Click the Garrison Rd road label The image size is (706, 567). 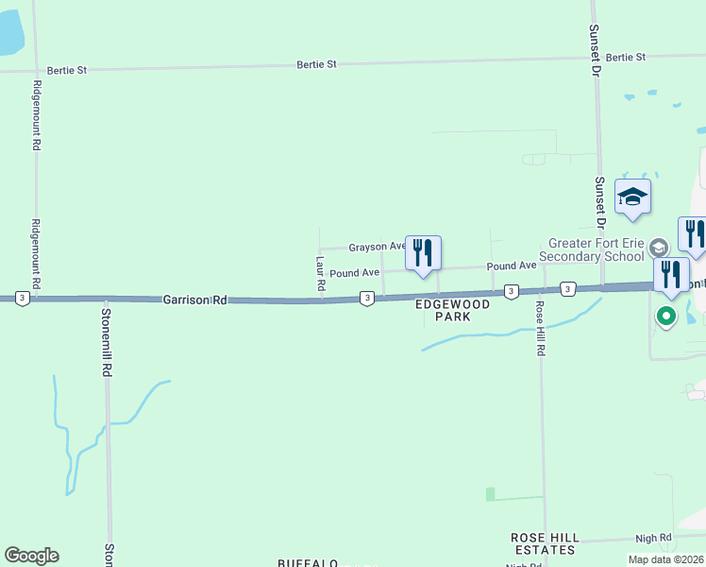[195, 300]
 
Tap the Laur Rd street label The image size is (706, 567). [321, 272]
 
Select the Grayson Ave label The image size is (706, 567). [377, 248]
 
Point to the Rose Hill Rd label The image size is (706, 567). [541, 329]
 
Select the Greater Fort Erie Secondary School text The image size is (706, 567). [592, 249]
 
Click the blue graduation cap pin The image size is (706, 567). [632, 198]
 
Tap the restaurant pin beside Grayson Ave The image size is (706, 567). [423, 253]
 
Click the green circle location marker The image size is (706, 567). [667, 316]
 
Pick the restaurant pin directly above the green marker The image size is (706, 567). [671, 275]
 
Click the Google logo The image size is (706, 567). [31, 556]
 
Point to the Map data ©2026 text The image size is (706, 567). [664, 559]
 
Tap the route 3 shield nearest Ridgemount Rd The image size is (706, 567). [23, 298]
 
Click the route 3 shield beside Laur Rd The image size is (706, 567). [366, 299]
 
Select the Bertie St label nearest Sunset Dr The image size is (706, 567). [626, 58]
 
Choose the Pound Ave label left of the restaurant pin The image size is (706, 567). [355, 273]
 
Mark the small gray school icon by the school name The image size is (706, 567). [658, 249]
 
